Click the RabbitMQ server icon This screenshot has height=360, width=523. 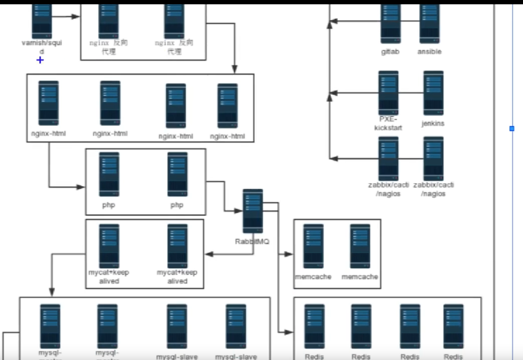(x=253, y=211)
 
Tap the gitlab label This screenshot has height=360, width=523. (x=390, y=52)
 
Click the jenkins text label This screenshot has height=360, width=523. (x=433, y=123)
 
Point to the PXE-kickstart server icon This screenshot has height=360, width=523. (x=388, y=92)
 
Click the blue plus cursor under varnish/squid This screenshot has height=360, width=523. (x=40, y=60)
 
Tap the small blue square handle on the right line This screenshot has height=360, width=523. (x=512, y=129)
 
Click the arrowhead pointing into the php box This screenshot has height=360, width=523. (x=81, y=187)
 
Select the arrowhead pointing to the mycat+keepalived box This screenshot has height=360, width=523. (x=209, y=254)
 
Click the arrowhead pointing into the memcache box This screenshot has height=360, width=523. (x=289, y=254)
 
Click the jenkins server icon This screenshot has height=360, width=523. (x=433, y=92)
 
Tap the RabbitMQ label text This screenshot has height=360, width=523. (x=252, y=242)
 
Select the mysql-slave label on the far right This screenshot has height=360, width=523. (x=236, y=357)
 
